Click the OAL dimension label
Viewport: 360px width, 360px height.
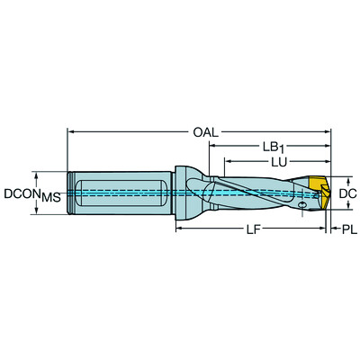tap(204, 132)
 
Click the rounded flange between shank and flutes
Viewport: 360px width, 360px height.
tap(186, 193)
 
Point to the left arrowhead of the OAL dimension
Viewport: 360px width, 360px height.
tap(71, 132)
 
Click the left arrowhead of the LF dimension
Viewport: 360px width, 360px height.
tap(177, 230)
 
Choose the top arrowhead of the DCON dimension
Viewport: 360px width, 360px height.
tap(37, 174)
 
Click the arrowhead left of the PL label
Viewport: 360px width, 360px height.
tap(333, 230)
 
